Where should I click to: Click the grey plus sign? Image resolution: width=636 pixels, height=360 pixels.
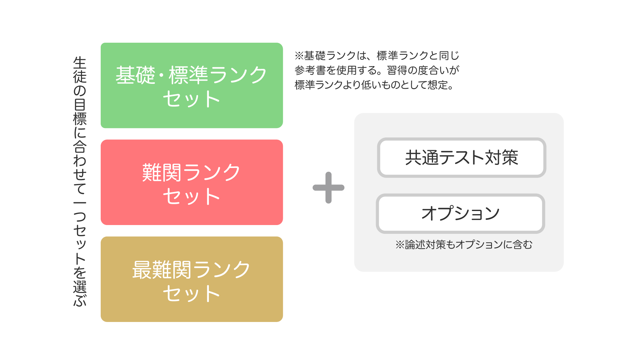click(328, 188)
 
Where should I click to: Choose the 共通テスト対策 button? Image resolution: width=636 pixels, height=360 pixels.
click(461, 157)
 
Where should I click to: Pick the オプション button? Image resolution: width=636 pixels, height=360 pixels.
click(460, 214)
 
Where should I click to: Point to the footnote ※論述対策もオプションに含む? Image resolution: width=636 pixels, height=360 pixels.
click(464, 245)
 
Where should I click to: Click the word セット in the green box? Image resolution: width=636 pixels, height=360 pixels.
click(191, 99)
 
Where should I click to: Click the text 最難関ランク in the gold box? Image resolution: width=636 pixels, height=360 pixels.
click(191, 270)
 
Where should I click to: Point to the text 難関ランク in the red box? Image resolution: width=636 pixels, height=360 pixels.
click(191, 172)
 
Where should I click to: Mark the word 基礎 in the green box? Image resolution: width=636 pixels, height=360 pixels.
click(135, 75)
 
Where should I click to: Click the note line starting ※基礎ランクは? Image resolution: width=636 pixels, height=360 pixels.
click(377, 56)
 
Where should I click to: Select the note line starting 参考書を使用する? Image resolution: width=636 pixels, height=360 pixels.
click(377, 70)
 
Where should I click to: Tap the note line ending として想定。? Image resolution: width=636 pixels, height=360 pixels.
click(374, 85)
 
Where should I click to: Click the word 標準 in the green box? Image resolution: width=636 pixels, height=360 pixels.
click(188, 75)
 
